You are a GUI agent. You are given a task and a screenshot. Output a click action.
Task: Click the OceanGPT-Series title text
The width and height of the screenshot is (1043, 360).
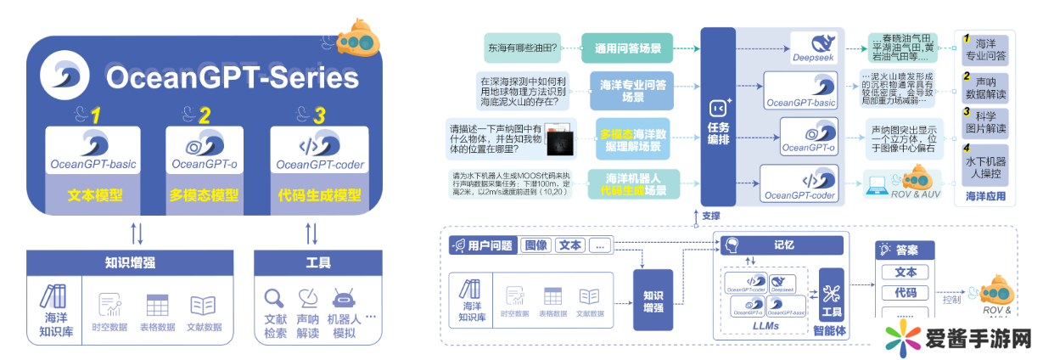point(231,78)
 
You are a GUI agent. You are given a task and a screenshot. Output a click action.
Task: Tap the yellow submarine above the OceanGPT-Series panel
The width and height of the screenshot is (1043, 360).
point(359,39)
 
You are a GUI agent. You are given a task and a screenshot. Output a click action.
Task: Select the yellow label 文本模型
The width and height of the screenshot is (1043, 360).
point(93,194)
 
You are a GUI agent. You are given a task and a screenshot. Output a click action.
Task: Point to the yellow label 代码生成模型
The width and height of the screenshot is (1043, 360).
point(319,194)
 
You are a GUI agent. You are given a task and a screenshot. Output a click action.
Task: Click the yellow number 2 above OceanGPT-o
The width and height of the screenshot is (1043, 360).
point(205,115)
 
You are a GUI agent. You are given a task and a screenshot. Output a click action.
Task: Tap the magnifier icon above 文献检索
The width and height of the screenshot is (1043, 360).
point(275,299)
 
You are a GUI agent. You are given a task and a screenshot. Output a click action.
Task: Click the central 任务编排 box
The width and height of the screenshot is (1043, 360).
point(718,119)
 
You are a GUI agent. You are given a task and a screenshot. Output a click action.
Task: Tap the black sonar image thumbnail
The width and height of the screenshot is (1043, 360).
point(557,142)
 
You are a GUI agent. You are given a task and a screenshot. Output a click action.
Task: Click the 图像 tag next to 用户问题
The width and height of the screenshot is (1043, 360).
point(536,245)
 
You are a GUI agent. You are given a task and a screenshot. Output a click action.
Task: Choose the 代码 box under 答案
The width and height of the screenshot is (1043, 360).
point(906,293)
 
